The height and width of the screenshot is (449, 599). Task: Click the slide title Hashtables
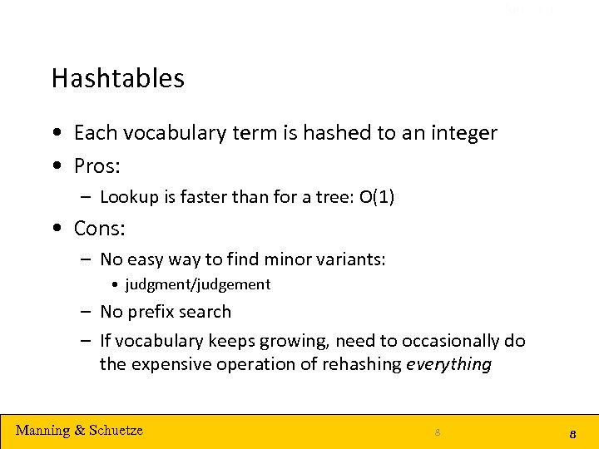click(117, 78)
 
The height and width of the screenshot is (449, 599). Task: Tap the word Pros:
click(97, 166)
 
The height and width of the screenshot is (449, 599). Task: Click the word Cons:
click(99, 228)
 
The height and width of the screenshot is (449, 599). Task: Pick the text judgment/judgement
click(197, 284)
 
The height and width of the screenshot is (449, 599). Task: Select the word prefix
click(152, 312)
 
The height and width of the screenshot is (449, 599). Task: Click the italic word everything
click(448, 364)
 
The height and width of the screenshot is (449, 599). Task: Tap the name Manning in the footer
click(42, 430)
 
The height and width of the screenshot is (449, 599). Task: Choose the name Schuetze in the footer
click(116, 430)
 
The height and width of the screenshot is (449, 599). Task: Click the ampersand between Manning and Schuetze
click(80, 430)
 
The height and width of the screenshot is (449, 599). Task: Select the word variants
click(354, 259)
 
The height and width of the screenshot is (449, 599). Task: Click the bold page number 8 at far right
click(573, 434)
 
